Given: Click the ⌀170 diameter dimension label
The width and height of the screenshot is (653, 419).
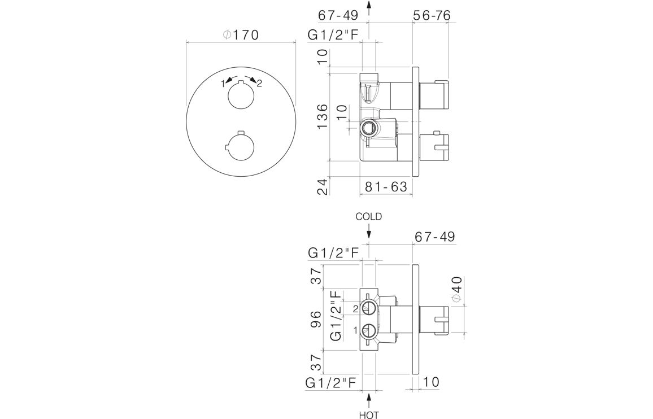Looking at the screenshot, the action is [x=241, y=35].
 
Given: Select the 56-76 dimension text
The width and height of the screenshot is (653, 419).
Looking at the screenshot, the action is [x=432, y=15].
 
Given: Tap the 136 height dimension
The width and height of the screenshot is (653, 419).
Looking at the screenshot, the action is [x=322, y=117].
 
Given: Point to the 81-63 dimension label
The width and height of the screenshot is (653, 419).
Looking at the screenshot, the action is [x=386, y=186].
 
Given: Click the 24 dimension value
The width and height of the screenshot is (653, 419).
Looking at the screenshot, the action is [x=323, y=186].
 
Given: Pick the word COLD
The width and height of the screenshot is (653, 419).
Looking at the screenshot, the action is [x=368, y=217].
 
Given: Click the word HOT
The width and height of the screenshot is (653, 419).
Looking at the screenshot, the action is [x=369, y=415].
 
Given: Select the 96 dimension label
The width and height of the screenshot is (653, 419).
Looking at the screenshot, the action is [x=317, y=319].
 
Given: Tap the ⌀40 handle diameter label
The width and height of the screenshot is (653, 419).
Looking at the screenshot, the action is [x=457, y=288].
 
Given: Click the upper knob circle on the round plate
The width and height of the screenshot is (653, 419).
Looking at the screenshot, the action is [x=241, y=96].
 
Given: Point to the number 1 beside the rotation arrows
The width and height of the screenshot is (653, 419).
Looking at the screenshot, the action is [x=223, y=84].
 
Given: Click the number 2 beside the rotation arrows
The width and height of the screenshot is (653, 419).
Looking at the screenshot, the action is [x=259, y=84].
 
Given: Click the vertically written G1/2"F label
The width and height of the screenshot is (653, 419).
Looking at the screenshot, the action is [x=336, y=316].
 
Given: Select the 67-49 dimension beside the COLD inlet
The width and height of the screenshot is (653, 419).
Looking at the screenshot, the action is [x=435, y=237].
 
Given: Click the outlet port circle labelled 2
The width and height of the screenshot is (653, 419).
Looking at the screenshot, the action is [x=369, y=309].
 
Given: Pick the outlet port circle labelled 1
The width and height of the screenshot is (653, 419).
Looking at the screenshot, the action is [x=369, y=331].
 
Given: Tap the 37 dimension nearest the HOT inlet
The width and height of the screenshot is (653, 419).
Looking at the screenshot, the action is [x=317, y=363].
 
